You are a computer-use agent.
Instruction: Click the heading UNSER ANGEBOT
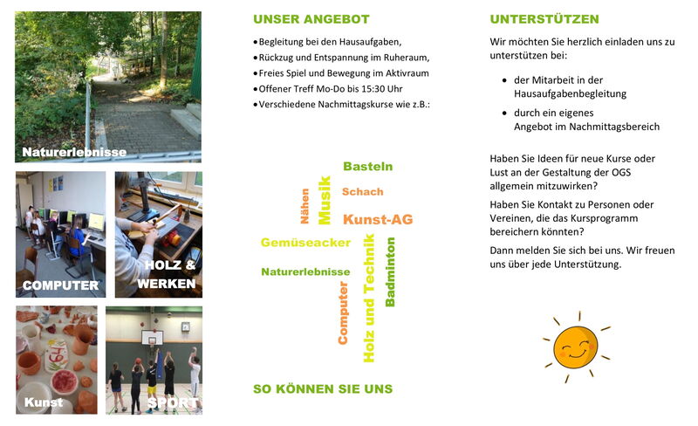(311, 19)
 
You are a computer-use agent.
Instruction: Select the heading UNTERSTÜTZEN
(544, 19)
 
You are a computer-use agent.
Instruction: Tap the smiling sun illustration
(574, 345)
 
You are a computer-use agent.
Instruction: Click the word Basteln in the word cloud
(367, 166)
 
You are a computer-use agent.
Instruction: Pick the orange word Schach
(362, 192)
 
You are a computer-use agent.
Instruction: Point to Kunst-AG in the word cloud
(378, 219)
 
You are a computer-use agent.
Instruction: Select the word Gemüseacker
(305, 243)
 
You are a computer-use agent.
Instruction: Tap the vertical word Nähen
(305, 206)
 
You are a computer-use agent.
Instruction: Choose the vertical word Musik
(325, 200)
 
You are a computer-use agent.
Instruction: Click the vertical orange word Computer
(343, 312)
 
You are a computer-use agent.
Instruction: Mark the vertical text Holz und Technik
(369, 298)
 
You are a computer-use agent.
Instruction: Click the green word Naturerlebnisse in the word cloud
(305, 271)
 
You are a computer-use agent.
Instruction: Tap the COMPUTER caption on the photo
(60, 285)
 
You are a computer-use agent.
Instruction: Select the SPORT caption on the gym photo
(173, 403)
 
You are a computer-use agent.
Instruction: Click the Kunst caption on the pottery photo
(44, 402)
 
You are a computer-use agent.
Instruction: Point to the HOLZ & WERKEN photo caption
(169, 274)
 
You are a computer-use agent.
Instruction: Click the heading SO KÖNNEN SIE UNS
(322, 388)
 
